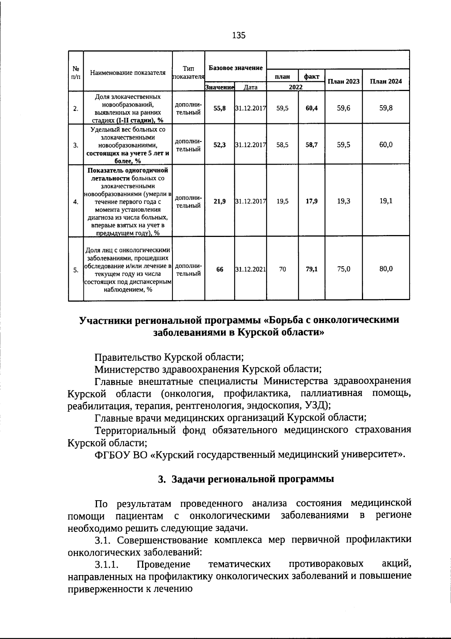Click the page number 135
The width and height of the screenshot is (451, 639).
239,35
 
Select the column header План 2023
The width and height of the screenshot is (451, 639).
344,81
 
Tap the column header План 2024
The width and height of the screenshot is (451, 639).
386,81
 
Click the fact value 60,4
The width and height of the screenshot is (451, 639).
312,108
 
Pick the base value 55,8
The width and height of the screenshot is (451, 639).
219,108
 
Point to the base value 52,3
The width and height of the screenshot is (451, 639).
219,145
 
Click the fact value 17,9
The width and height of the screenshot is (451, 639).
312,201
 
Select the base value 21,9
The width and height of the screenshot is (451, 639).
219,201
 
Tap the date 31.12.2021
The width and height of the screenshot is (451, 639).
251,269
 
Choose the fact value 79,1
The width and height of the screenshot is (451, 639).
312,269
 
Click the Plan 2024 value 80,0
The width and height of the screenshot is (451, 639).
386,269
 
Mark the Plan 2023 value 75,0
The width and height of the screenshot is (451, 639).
344,269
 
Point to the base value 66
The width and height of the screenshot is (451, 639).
219,269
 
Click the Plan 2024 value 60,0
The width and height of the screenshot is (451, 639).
386,144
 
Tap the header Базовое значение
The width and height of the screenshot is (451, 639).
236,68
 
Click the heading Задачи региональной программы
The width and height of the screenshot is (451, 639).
252,479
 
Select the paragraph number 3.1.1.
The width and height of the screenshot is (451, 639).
107,565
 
